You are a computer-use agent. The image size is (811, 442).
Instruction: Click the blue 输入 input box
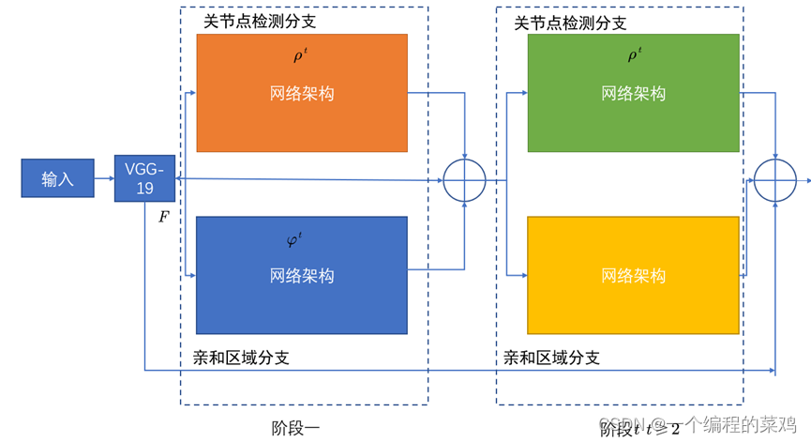57,178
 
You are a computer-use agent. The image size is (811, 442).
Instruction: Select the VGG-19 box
144,178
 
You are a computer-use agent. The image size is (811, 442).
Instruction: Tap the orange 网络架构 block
302,93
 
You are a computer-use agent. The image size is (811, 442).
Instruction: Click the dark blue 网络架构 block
302,275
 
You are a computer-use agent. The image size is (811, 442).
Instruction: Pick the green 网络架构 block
634,93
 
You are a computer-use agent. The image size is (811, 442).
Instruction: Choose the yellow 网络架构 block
634,275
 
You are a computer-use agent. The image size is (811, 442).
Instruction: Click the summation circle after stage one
464,179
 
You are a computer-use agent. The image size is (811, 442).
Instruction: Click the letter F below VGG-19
164,217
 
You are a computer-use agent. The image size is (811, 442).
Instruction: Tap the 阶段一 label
295,428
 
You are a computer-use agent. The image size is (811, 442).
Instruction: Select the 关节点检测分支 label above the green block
570,23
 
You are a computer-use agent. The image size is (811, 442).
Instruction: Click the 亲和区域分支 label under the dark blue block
241,358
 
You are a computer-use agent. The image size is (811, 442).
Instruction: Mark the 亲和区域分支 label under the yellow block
552,358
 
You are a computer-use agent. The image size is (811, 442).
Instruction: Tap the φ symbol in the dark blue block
294,240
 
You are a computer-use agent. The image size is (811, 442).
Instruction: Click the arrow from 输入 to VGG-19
104,178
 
